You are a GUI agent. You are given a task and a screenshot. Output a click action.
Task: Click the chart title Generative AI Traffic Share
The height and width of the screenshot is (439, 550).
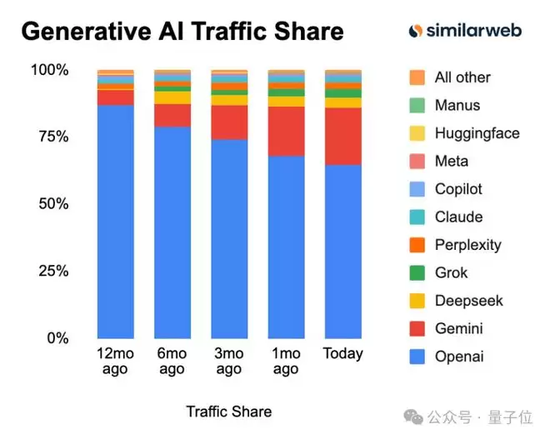(182, 32)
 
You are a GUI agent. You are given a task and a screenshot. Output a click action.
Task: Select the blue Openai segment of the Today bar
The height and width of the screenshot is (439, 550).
(342, 250)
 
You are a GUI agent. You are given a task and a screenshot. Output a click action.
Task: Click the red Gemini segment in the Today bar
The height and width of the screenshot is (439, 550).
(342, 136)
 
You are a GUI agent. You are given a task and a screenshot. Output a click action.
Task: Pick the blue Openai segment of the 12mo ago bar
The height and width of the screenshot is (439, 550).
(115, 221)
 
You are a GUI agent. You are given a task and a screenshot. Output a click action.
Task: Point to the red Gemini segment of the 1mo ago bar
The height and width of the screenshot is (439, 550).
(286, 131)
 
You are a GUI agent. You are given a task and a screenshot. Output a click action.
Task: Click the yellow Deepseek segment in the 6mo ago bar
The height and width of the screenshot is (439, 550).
(172, 97)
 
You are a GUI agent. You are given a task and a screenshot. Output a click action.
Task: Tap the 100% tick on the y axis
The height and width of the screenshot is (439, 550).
(49, 70)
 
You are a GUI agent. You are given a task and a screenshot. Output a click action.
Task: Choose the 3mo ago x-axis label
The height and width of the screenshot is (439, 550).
(228, 362)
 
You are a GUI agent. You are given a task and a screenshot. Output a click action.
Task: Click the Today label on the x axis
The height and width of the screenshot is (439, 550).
(342, 353)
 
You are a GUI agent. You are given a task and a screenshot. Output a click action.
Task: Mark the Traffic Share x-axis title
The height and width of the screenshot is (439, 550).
(228, 412)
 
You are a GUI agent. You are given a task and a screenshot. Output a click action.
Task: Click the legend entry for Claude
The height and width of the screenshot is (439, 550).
(458, 217)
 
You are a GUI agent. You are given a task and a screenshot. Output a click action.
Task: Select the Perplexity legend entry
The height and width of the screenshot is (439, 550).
(467, 245)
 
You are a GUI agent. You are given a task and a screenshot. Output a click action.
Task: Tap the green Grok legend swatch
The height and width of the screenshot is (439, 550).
(417, 272)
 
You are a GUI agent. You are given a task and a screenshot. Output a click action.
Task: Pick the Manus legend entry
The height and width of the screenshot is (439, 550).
(457, 105)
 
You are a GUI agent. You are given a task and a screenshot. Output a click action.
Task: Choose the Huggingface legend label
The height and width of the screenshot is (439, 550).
(477, 133)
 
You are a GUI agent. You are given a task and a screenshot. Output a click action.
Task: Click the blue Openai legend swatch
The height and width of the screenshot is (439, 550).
(417, 357)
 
